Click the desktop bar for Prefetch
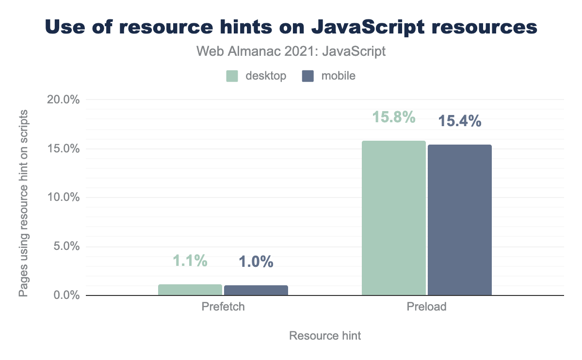point(190,290)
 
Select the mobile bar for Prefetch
point(256,290)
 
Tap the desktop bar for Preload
point(394,218)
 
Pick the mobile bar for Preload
point(459,220)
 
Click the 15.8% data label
point(394,117)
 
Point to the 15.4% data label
point(459,121)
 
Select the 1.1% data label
point(190,261)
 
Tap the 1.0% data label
point(256,262)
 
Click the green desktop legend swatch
point(232,76)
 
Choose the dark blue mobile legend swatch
point(308,76)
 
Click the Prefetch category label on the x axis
point(223,307)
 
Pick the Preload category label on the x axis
point(427,307)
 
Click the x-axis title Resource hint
point(325,336)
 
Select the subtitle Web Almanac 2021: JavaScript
point(291,51)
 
